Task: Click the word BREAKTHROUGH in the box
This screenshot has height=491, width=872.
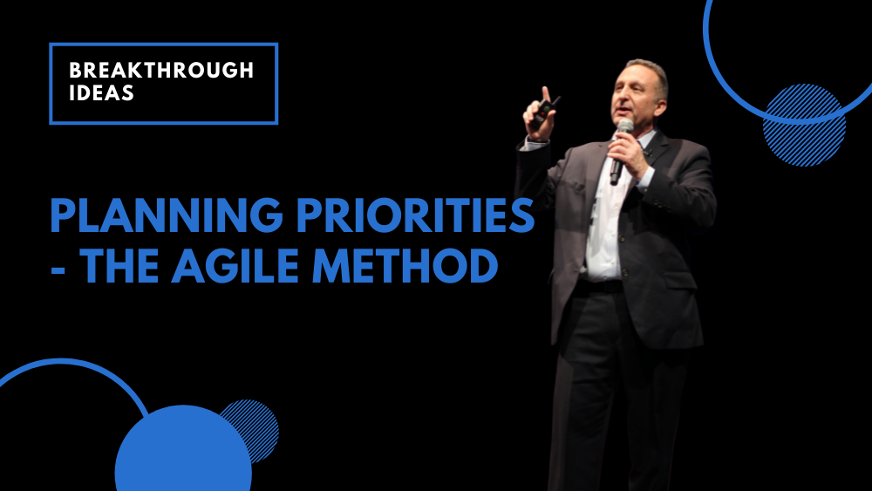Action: (161, 71)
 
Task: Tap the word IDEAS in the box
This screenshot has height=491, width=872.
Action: (101, 92)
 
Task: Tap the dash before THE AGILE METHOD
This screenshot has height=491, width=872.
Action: (59, 267)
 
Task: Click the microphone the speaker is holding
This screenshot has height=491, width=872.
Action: (621, 148)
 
